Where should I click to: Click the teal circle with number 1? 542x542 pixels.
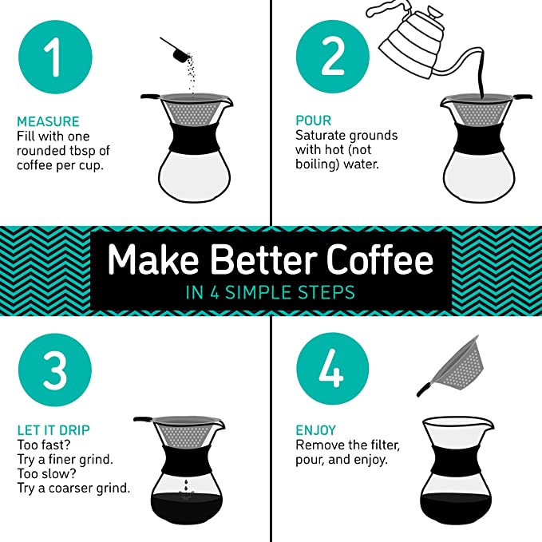click(x=55, y=57)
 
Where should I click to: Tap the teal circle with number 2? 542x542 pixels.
click(x=333, y=57)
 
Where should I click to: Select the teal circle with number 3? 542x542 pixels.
click(x=55, y=370)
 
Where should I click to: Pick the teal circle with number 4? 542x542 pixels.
click(x=333, y=369)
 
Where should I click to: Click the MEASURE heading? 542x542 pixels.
click(x=48, y=121)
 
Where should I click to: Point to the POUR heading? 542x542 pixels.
click(x=313, y=121)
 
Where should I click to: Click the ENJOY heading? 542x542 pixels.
click(x=315, y=430)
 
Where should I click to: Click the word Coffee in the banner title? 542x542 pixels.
click(x=379, y=259)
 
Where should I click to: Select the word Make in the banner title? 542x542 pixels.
click(x=152, y=259)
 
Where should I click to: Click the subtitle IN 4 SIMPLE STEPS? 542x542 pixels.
click(x=271, y=292)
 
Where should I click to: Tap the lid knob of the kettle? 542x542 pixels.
click(x=433, y=14)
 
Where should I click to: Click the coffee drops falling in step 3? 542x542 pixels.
click(x=186, y=485)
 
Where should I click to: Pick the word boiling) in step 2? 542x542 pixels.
click(x=318, y=164)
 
